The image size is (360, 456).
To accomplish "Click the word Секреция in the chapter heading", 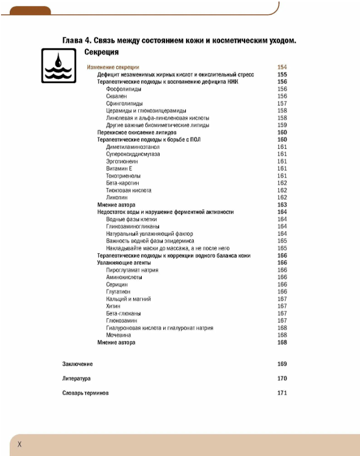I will (x=101, y=52).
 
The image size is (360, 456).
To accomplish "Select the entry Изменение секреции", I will (x=113, y=67).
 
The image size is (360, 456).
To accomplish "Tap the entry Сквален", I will (x=117, y=96).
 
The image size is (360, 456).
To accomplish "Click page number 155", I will (x=282, y=74).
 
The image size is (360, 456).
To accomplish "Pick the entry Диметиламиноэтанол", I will (x=133, y=147).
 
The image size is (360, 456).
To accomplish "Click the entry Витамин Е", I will (x=119, y=169).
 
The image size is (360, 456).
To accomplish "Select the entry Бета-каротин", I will (x=122, y=183).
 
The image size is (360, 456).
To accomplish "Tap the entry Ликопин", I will (x=117, y=197).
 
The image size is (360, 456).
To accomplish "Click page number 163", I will (x=282, y=205).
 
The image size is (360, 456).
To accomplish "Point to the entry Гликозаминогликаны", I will (x=133, y=226).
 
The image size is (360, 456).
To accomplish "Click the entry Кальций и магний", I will (x=128, y=299).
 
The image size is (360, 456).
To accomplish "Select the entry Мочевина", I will (x=118, y=335).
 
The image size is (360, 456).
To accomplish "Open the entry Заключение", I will (x=78, y=364).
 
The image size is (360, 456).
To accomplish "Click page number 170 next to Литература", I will (x=282, y=379).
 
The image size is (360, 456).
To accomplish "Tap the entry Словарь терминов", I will (x=86, y=393).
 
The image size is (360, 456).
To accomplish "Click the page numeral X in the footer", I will (x=20, y=444).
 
